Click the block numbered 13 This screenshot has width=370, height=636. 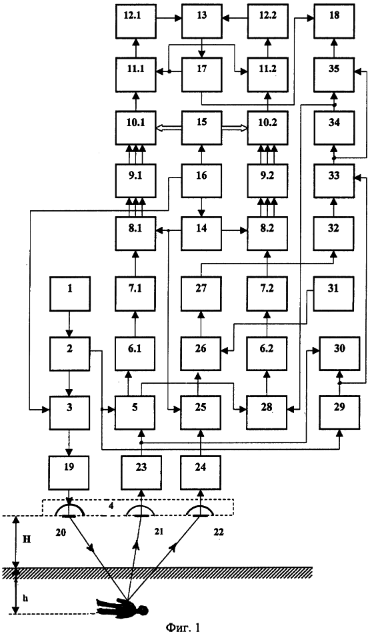[201, 20]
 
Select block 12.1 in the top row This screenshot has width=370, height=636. [135, 20]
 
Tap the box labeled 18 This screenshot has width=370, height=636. [334, 20]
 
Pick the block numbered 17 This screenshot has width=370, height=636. [201, 74]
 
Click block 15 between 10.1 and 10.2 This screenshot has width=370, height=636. [201, 127]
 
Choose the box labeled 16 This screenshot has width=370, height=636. [201, 181]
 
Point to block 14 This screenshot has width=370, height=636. [201, 234]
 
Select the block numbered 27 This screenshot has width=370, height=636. [201, 294]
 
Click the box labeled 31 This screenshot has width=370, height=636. [334, 294]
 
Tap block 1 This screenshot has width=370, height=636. [70, 294]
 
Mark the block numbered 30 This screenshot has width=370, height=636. [339, 353]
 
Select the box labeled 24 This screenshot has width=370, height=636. [201, 472]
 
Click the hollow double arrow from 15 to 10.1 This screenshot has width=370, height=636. [169, 127]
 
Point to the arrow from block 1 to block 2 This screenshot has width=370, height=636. [70, 324]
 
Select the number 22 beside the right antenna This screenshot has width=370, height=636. [217, 532]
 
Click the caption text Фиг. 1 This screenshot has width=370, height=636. [183, 628]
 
